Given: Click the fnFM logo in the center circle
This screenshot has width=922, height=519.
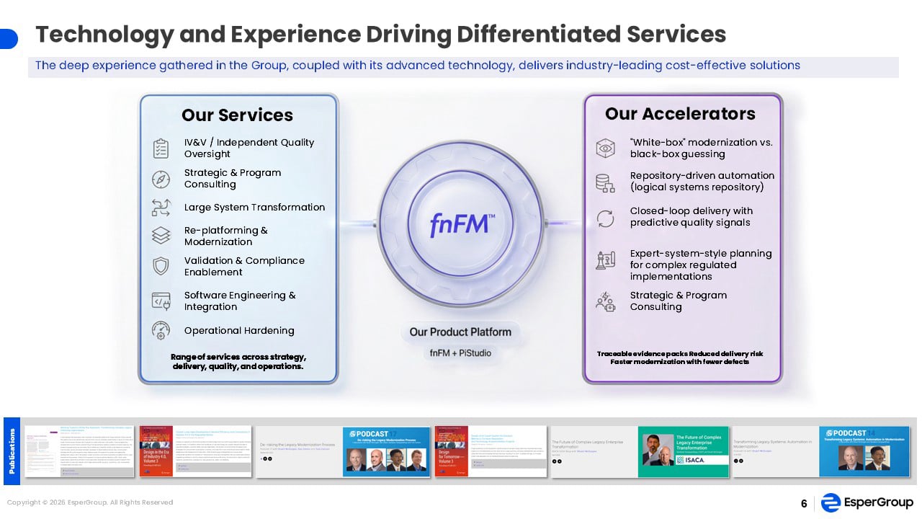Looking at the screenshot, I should tap(461, 224).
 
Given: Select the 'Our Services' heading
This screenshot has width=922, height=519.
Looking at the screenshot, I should tap(237, 115).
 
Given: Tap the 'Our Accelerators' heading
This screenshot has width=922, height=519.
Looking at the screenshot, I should tap(680, 114).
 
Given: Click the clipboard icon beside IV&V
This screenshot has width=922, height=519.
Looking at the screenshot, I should tap(161, 148).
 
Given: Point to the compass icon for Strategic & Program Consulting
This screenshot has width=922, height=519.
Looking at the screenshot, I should tap(161, 179).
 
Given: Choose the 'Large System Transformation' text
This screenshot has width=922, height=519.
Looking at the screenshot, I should tap(254, 208).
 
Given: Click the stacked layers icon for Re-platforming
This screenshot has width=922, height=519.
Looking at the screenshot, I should tap(161, 236).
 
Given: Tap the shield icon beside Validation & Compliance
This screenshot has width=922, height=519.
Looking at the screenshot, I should tap(161, 266).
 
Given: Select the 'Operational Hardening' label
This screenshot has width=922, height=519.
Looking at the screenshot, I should tap(239, 331).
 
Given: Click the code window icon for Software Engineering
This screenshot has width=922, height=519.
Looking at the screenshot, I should tap(161, 301).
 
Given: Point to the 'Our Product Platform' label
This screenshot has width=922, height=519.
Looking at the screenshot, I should tap(460, 332).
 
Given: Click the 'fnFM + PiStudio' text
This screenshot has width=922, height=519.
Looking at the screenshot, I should tap(460, 353).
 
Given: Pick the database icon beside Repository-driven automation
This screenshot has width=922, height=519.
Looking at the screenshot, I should tap(605, 182).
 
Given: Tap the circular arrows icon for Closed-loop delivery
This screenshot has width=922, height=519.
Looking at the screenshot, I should tap(605, 218).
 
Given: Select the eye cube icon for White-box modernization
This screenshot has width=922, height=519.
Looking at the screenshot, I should tap(605, 148).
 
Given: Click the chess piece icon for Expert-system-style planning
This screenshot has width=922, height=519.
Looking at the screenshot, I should tap(605, 260).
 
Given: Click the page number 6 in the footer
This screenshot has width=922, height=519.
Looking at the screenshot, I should tap(804, 504).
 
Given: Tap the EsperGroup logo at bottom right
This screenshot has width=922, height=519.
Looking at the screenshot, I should tap(867, 503).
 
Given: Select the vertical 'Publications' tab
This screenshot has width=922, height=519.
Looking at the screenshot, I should tap(12, 451).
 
